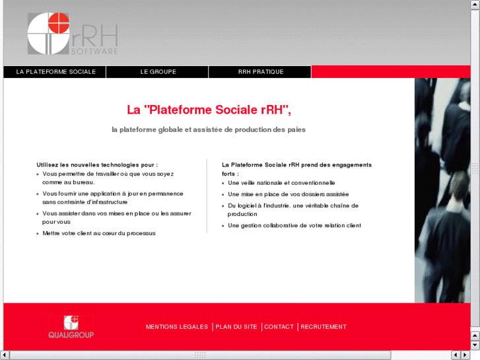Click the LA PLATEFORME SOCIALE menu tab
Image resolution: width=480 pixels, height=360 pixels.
point(55,72)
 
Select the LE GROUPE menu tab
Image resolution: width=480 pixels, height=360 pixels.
point(158,72)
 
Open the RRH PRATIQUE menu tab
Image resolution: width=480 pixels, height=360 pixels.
point(260,72)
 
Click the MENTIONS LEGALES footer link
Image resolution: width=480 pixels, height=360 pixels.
point(176,327)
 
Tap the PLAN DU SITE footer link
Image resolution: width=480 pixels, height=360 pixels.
point(236,327)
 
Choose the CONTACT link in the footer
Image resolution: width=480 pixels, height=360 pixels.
point(279,327)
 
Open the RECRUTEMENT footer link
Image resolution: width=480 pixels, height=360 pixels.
point(324,327)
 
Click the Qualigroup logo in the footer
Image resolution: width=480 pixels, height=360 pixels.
point(71,327)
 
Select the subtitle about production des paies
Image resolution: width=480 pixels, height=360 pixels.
point(209,129)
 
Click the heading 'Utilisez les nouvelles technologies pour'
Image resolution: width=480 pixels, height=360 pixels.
point(97,164)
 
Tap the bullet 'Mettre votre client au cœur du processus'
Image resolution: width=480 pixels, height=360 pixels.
point(99,233)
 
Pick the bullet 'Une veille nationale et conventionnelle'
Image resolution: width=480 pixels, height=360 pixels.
point(281,183)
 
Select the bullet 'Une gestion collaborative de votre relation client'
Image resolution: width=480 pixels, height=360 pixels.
point(294,226)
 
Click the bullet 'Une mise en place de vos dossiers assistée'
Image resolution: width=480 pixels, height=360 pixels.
point(288,194)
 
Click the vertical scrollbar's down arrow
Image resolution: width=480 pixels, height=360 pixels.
point(475,345)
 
